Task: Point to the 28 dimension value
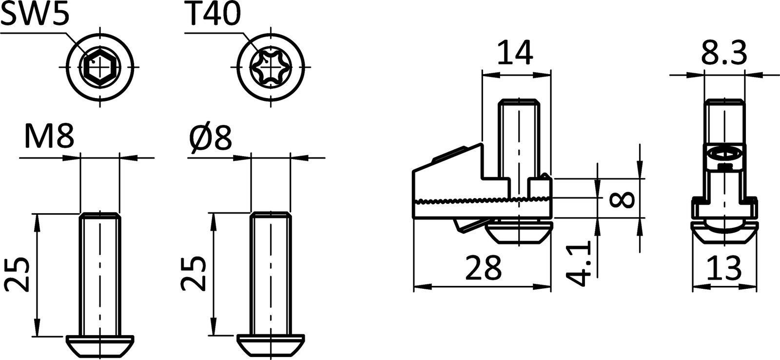[483, 267]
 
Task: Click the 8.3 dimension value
[724, 54]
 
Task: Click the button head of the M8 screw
[99, 345]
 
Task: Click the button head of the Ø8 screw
[271, 345]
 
